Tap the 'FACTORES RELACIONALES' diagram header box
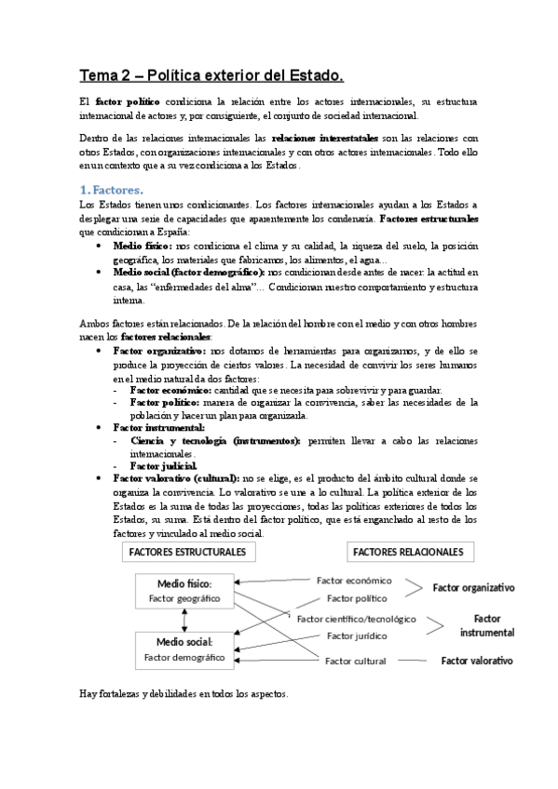407,552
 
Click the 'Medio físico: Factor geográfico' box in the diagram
183,591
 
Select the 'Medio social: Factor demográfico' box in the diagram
184,649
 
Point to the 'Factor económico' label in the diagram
354,580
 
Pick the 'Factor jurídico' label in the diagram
352,636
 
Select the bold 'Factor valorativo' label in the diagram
477,660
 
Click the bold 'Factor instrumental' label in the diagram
486,625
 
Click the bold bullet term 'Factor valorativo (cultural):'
176,475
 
